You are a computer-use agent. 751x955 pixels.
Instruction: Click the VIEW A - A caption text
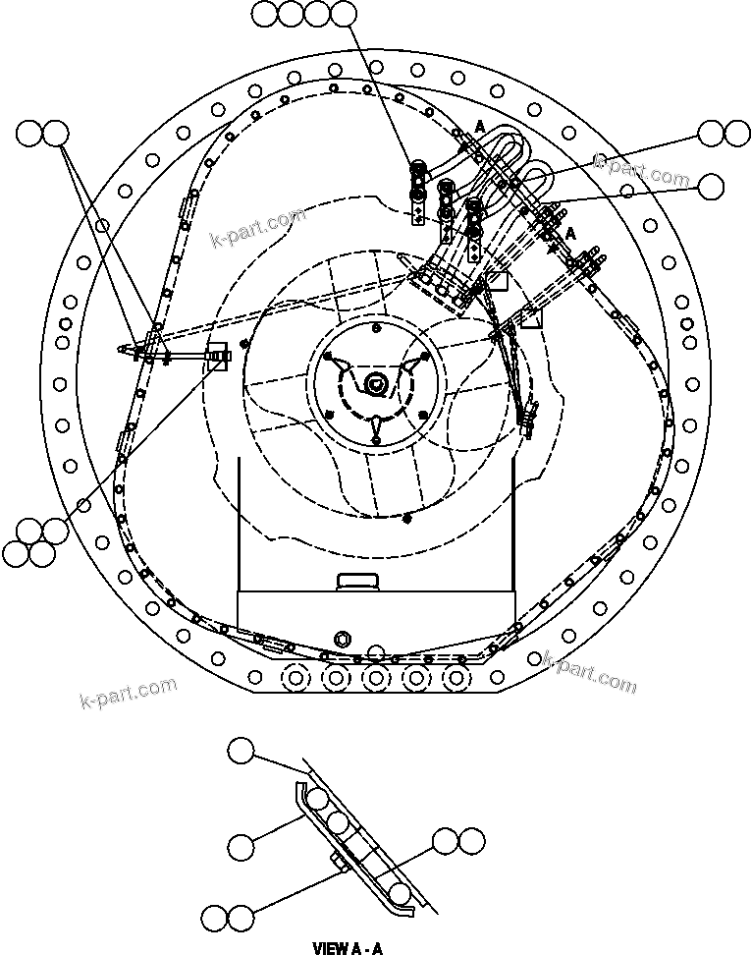click(346, 948)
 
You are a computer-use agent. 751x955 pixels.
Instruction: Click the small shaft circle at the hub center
click(375, 383)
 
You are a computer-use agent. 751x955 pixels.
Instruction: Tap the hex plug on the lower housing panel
click(343, 639)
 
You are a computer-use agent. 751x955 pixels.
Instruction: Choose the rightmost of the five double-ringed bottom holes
click(454, 677)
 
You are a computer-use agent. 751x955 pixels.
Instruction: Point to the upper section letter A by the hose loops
click(480, 126)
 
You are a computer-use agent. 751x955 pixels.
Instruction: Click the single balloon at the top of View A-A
click(241, 751)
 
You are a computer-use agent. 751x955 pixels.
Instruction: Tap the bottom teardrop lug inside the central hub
click(375, 424)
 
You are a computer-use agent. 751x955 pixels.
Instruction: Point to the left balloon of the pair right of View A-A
click(447, 840)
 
